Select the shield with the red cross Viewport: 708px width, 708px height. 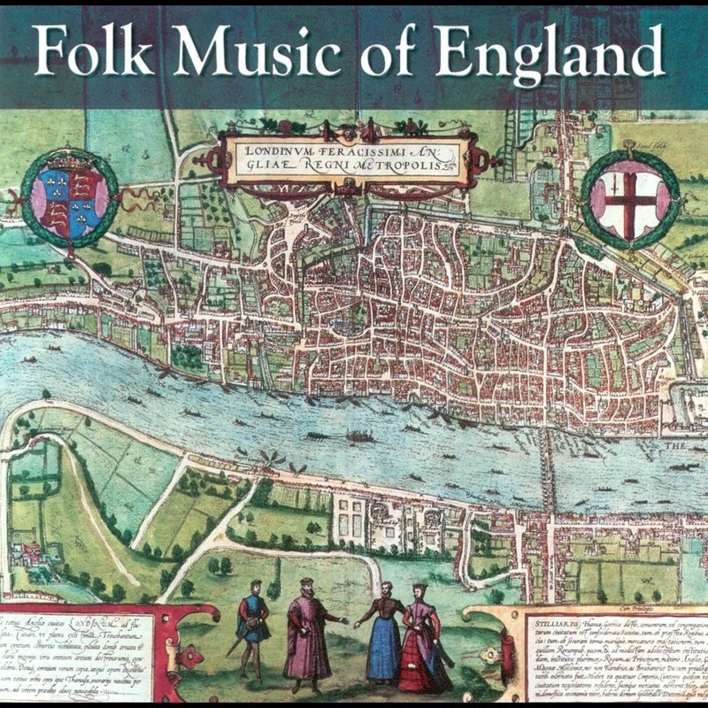point(630,192)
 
